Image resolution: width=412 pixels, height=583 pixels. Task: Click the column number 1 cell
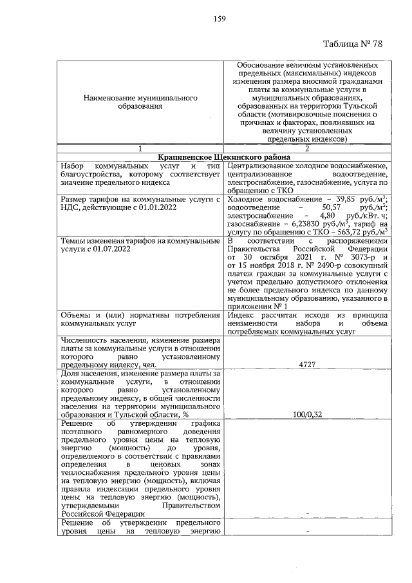pyautogui.click(x=140, y=149)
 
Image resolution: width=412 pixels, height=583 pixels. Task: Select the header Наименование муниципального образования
pyautogui.click(x=140, y=102)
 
